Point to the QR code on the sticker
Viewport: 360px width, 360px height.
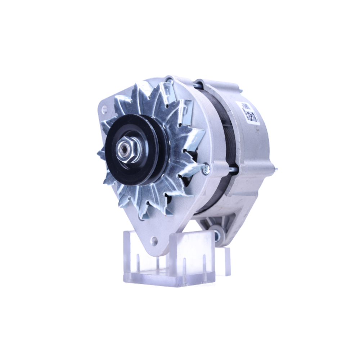(252, 116)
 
